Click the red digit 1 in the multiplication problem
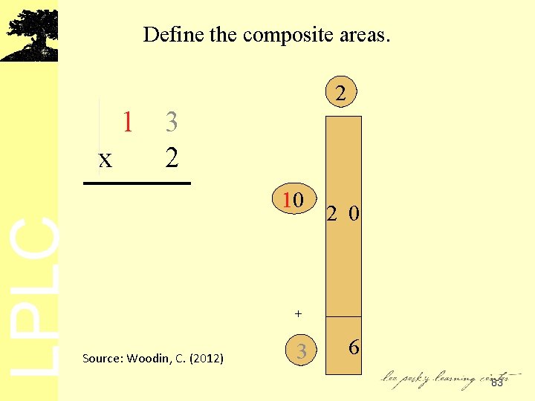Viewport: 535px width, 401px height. click(x=129, y=121)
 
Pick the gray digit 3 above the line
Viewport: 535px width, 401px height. click(x=172, y=121)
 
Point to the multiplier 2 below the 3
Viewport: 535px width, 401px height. click(x=172, y=157)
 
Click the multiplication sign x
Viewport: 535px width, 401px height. click(x=106, y=158)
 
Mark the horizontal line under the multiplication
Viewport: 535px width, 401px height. click(x=137, y=183)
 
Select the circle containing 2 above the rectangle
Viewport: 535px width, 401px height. click(x=340, y=93)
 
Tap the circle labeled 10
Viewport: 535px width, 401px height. click(x=294, y=200)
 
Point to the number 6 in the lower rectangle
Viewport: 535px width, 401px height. click(x=354, y=347)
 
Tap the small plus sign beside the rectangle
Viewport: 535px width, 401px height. click(x=298, y=314)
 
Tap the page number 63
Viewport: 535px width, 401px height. click(x=496, y=382)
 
